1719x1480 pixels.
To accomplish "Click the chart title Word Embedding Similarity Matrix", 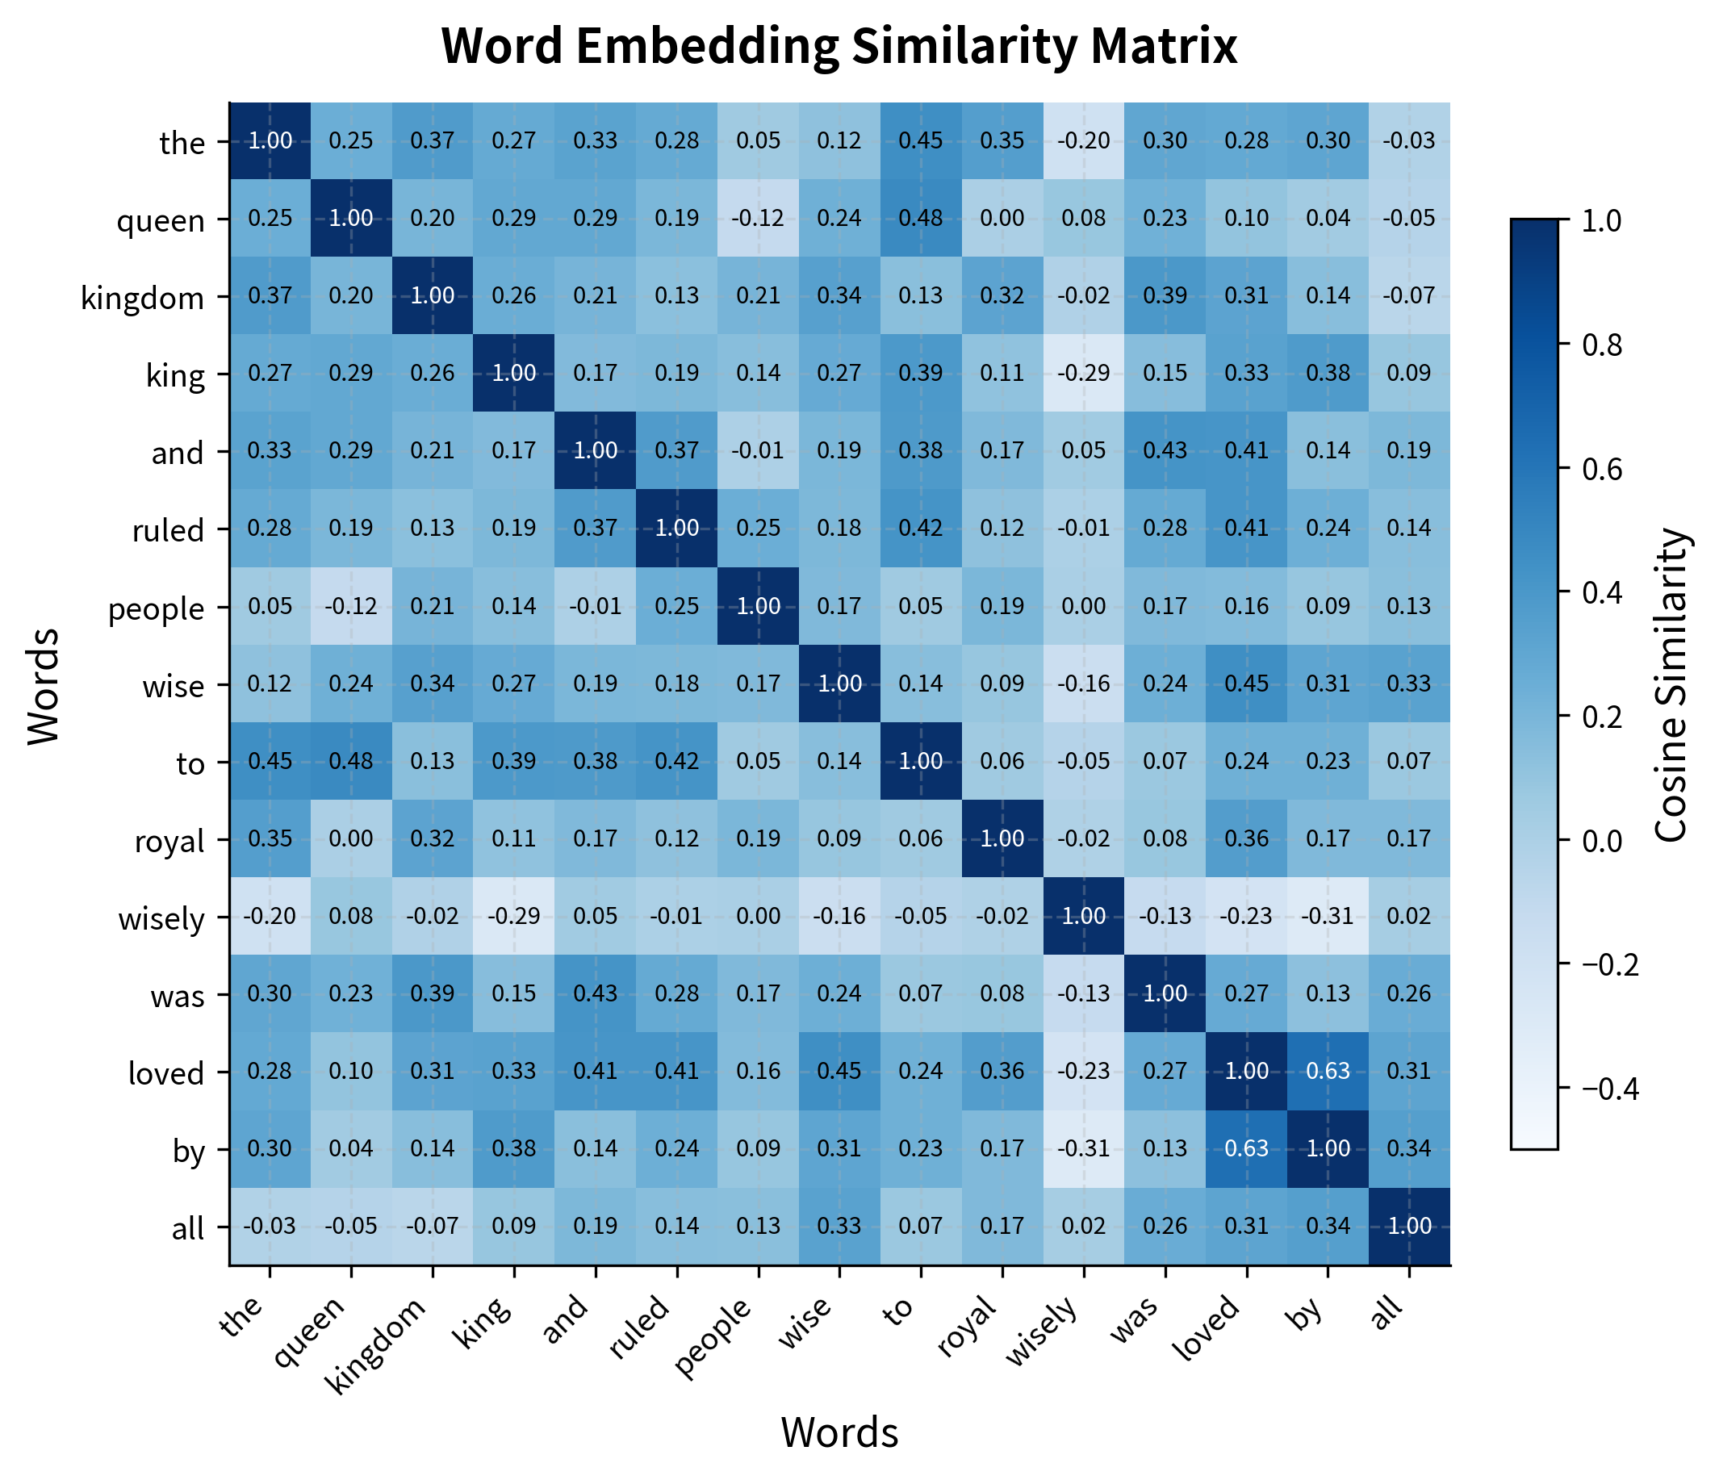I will [x=839, y=47].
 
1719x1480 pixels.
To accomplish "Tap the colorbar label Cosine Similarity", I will [x=1671, y=684].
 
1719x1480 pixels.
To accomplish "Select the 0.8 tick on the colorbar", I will [x=1601, y=345].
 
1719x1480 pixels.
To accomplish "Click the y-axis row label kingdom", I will [x=143, y=297].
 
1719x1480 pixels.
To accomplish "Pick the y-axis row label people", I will [x=156, y=608].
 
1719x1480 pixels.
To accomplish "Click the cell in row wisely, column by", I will [x=1328, y=916].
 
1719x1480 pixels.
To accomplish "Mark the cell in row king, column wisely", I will [x=1084, y=374].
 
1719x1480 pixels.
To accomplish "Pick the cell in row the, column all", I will [x=1409, y=141].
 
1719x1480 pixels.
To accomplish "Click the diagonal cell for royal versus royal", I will [x=1002, y=838].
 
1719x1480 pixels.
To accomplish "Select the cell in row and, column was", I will [x=1165, y=450].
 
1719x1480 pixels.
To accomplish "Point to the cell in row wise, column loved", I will [x=1246, y=684].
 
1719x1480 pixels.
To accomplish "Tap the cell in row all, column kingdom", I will [x=433, y=1226].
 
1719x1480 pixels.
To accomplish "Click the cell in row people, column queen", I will [x=351, y=605].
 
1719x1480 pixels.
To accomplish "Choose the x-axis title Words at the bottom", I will [x=839, y=1432].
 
